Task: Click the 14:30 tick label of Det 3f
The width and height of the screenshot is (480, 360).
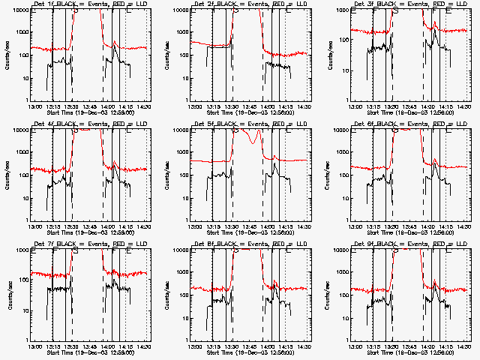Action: point(464,106)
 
